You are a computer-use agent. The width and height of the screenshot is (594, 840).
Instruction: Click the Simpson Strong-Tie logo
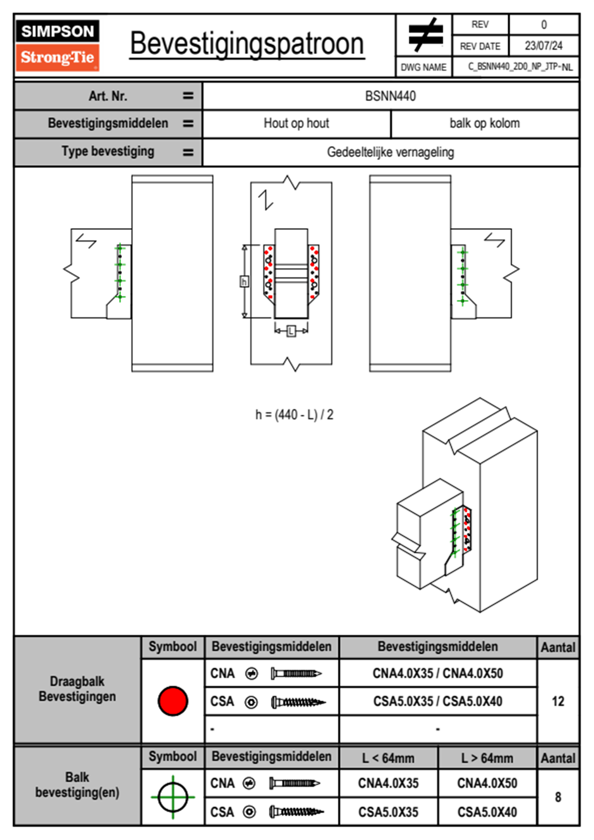click(x=57, y=45)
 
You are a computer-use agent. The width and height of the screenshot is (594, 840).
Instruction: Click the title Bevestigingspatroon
click(x=247, y=44)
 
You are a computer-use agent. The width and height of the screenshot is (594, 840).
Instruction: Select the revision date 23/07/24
click(x=544, y=46)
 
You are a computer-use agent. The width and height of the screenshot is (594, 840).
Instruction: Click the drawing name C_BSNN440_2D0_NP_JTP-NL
click(x=520, y=67)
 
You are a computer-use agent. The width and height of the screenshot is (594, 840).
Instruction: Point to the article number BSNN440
click(x=390, y=96)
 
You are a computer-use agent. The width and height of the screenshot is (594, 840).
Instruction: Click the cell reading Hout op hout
click(x=297, y=123)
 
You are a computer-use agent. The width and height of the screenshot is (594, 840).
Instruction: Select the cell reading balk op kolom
click(x=485, y=123)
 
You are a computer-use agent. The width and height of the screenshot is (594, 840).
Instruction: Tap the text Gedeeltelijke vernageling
click(x=390, y=152)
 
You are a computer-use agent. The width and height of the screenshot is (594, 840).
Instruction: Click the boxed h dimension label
click(x=245, y=281)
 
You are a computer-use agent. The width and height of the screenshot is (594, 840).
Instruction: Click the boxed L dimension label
click(x=291, y=331)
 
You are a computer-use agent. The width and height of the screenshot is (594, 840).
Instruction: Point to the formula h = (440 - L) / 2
click(x=294, y=415)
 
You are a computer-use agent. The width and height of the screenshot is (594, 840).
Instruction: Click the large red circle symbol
click(x=173, y=701)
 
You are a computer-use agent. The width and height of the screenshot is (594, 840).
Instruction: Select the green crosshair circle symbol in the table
click(x=173, y=797)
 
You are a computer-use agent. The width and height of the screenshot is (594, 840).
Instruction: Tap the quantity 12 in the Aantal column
click(x=558, y=701)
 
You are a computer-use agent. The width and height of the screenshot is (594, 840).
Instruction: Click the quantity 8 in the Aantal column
click(x=558, y=797)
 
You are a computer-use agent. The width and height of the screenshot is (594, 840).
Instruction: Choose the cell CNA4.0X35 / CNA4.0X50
click(x=438, y=674)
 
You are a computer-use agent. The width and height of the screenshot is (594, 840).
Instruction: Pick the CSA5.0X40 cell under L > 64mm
click(x=487, y=812)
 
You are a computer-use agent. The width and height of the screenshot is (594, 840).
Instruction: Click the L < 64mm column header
click(x=388, y=759)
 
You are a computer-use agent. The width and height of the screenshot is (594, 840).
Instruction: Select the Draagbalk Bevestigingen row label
click(x=77, y=689)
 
